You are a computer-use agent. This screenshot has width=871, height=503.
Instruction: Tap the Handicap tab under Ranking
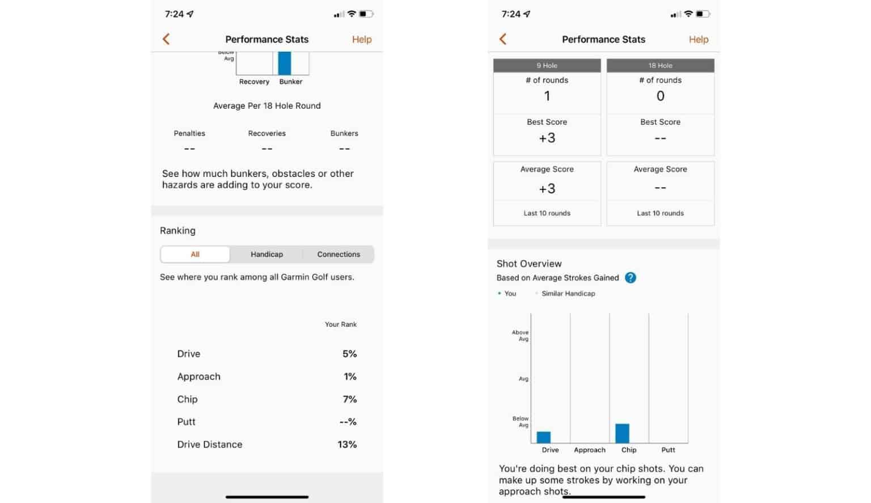coord(267,255)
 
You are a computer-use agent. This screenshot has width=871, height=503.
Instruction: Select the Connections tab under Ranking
coord(339,255)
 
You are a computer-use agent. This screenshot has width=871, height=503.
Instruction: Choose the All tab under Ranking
coord(195,255)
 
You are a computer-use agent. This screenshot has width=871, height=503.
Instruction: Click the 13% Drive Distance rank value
coord(347,445)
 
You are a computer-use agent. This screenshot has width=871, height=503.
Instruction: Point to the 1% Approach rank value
coord(350,377)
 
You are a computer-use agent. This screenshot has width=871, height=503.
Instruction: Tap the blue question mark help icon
coord(630,278)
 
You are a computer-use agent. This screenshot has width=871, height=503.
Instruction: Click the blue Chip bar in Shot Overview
coord(622,433)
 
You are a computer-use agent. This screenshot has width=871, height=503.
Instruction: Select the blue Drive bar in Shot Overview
coord(543,437)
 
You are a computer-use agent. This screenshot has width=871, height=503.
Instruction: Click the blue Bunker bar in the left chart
coord(285,64)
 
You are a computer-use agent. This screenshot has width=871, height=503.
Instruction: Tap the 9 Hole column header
coord(547,66)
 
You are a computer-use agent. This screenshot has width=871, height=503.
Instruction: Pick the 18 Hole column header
coord(660,66)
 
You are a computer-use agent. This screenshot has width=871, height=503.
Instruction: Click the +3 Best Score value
coord(547,138)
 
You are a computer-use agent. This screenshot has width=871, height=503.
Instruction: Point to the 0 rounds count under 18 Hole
coord(660,96)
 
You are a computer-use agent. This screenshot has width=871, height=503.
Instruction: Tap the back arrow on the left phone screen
coord(166,39)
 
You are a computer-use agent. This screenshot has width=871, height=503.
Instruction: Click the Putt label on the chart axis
coord(668,450)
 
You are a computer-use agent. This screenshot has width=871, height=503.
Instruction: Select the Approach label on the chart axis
coord(589,450)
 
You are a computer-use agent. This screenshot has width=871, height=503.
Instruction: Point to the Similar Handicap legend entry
coord(568,294)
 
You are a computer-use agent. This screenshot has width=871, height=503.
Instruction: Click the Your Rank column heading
coord(340,324)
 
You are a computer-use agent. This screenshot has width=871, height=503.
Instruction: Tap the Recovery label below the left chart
coord(254,82)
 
